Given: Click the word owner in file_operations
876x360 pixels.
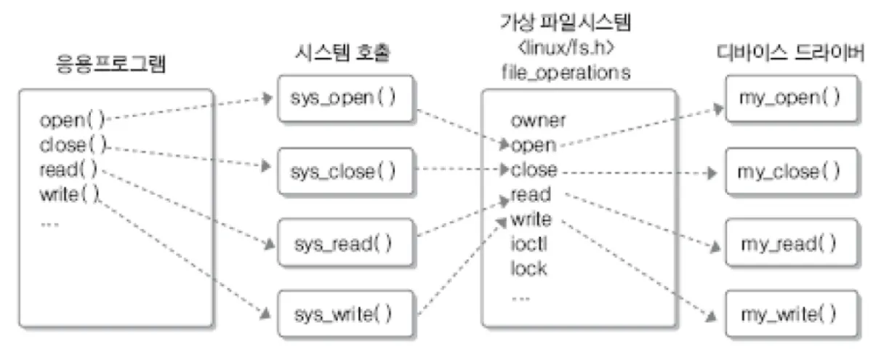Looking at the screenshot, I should [538, 120].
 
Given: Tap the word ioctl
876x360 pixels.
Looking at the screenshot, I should [529, 244].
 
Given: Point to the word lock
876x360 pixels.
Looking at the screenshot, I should [529, 268].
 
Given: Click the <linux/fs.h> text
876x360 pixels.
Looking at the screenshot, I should [565, 48].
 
